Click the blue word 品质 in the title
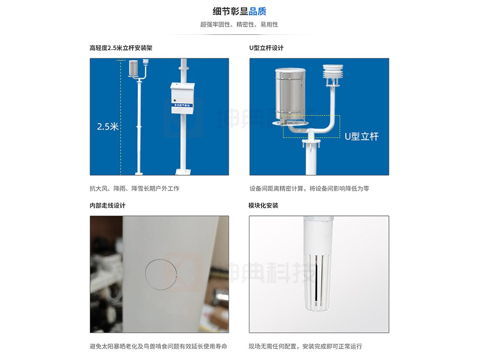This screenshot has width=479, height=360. [x=258, y=11]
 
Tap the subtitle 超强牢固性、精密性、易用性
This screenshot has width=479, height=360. [x=239, y=24]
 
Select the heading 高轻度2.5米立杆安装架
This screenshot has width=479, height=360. [x=121, y=48]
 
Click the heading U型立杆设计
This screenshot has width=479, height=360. [x=266, y=48]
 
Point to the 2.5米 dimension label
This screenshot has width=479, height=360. [x=107, y=126]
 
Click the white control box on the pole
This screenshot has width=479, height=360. [x=182, y=98]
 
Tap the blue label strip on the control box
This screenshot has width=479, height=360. [x=182, y=105]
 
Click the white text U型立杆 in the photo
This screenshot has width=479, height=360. [x=362, y=136]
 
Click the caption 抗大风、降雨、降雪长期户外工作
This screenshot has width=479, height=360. [x=135, y=189]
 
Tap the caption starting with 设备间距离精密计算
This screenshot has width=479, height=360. [x=309, y=189]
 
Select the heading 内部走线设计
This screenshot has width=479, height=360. [x=107, y=205]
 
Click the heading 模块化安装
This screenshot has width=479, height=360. [x=263, y=205]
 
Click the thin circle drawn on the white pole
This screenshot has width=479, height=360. [x=146, y=275]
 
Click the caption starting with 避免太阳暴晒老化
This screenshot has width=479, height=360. [x=159, y=346]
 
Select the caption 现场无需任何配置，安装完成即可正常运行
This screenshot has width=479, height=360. [x=305, y=346]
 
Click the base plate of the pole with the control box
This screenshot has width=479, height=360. [x=183, y=172]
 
